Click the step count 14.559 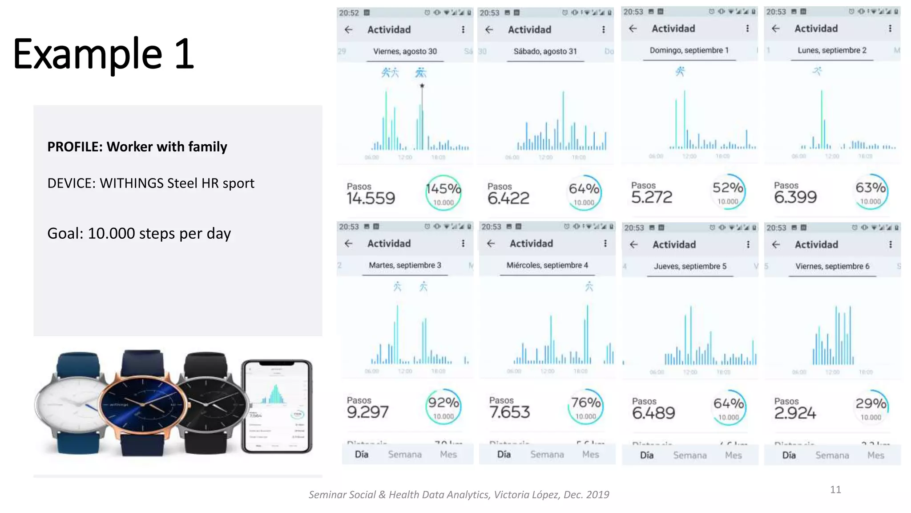(x=371, y=198)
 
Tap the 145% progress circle (x=443, y=193)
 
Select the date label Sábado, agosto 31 (x=545, y=52)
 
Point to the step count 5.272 (x=652, y=197)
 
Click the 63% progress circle (x=871, y=192)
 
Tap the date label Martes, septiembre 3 (x=405, y=265)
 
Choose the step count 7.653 (x=509, y=412)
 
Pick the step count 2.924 (x=795, y=413)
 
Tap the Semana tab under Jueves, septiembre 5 (x=689, y=456)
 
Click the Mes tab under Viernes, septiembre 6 (x=875, y=456)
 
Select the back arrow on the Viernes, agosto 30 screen (x=349, y=30)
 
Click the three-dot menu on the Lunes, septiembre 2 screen (x=890, y=28)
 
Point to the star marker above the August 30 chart (x=422, y=85)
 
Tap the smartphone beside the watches (x=277, y=406)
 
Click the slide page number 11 (x=835, y=490)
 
